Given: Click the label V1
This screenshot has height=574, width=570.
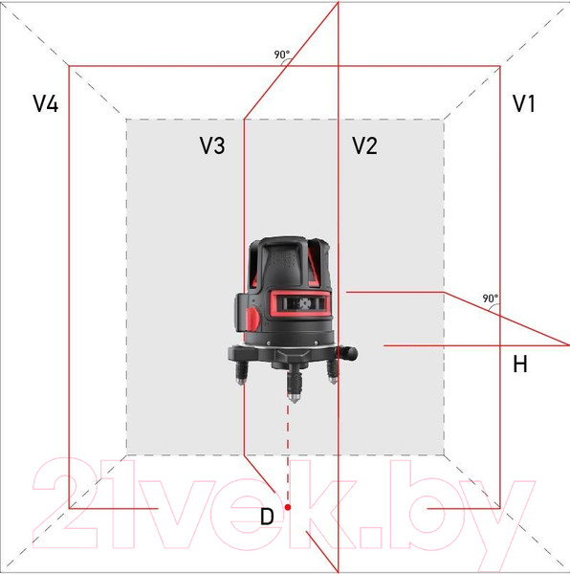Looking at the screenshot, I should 523,104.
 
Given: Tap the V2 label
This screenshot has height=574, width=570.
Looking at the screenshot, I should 364,145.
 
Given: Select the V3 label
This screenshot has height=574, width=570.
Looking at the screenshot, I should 212,145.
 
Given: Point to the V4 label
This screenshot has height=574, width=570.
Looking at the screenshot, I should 45,104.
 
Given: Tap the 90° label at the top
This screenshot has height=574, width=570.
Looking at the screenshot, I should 281,55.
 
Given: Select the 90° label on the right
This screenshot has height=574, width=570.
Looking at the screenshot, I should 490,298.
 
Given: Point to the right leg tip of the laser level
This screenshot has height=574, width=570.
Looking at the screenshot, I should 333,378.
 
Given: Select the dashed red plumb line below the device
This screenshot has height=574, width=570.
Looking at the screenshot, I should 288,450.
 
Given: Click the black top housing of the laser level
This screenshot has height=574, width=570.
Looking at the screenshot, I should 287,258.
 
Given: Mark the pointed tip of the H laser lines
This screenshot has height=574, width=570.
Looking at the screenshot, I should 568,342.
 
